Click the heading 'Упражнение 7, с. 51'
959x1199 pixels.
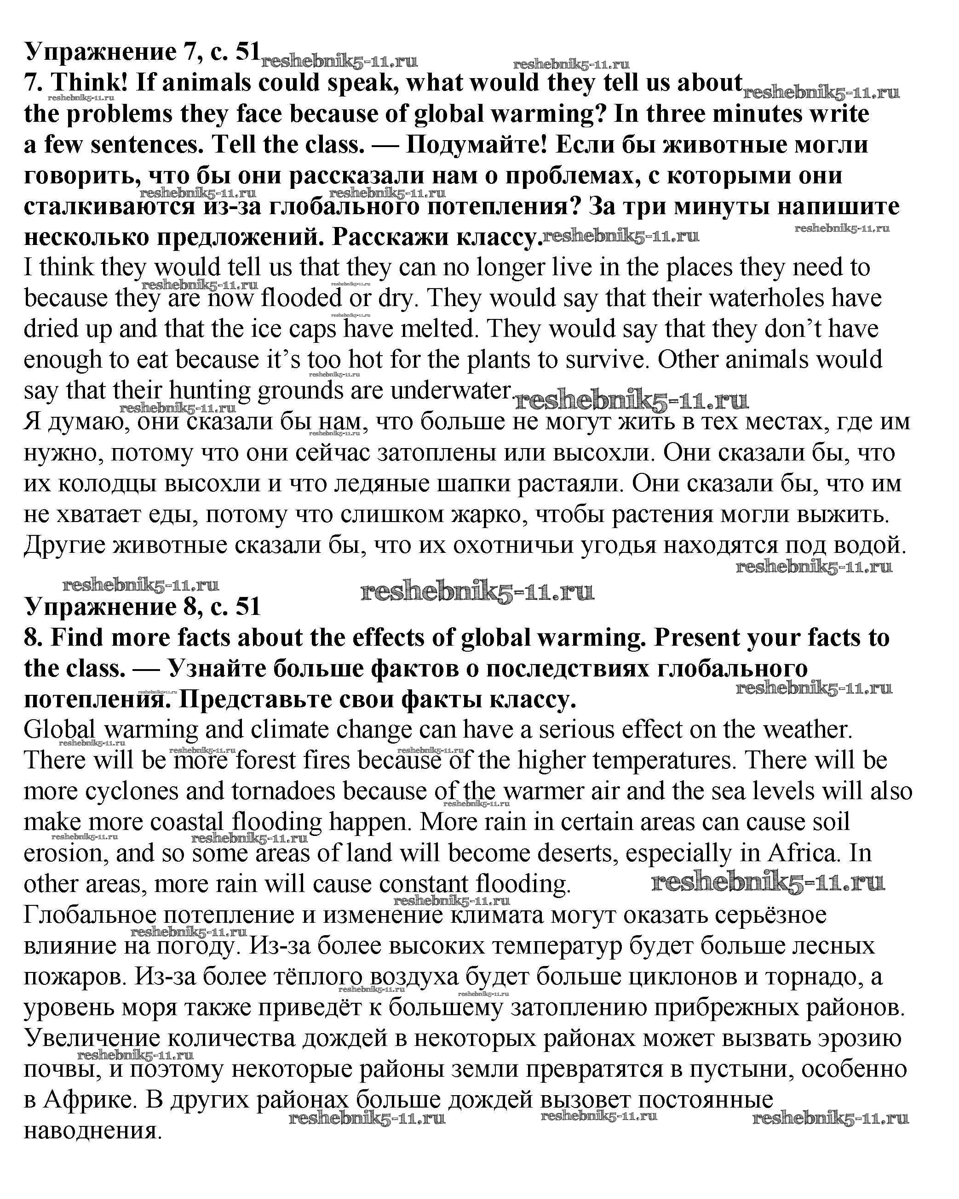[x=142, y=52]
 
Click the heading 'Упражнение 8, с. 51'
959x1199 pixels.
[x=142, y=606]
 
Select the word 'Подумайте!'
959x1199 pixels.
[x=477, y=145]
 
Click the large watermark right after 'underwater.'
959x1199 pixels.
[x=631, y=400]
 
